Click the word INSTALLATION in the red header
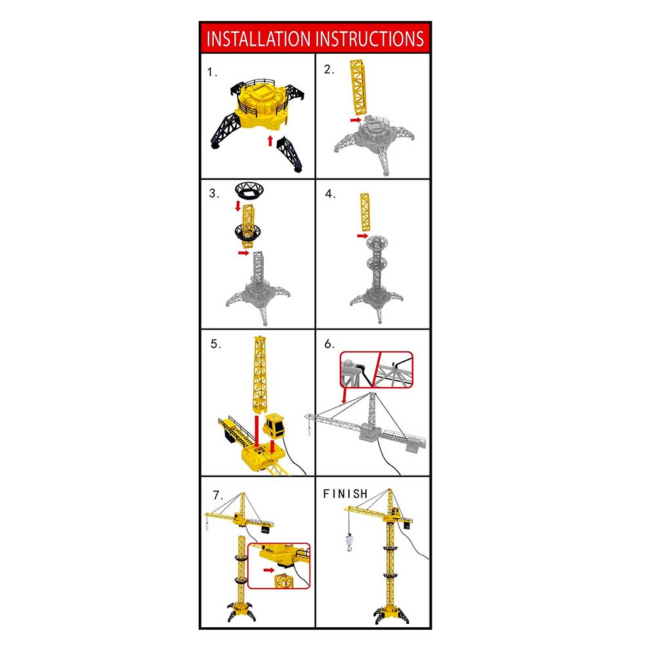[258, 39]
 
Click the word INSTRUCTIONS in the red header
[370, 39]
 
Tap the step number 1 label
[212, 72]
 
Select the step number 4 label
[330, 194]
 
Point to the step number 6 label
[330, 344]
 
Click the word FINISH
[345, 494]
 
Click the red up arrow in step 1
[270, 140]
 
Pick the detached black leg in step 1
[289, 154]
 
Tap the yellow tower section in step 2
[359, 87]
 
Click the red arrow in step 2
[356, 120]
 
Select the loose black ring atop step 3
[249, 190]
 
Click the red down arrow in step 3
[237, 206]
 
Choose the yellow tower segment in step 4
[365, 212]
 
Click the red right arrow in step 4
[362, 236]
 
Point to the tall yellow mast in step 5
[260, 375]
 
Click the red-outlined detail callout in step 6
[377, 370]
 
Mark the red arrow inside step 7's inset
[269, 570]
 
